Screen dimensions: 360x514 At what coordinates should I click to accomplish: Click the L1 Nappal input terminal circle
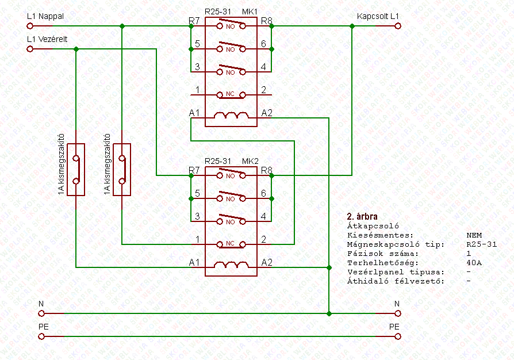[x=29, y=26]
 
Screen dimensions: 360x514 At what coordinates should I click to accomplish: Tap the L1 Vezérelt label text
[x=48, y=39]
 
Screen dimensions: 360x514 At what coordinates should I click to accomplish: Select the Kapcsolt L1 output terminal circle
[x=397, y=26]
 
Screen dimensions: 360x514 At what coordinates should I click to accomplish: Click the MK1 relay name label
[x=250, y=12]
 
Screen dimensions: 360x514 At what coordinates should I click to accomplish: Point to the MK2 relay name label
[x=250, y=161]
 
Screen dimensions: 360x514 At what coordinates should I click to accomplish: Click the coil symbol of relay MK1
[x=231, y=117]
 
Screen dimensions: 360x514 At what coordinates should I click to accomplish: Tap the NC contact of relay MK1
[x=231, y=94]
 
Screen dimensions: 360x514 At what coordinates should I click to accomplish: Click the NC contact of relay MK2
[x=231, y=244]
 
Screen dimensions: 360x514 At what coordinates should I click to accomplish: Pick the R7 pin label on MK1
[x=194, y=21]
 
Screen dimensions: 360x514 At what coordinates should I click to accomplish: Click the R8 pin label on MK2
[x=266, y=170]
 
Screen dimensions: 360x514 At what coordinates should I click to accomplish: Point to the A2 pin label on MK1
[x=267, y=112]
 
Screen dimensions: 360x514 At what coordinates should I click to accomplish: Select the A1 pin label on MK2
[x=195, y=262]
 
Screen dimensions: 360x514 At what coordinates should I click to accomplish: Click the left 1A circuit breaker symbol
[x=76, y=170]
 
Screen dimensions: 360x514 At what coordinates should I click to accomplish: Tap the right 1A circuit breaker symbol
[x=122, y=170]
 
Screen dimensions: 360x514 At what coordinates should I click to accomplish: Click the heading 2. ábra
[x=362, y=217]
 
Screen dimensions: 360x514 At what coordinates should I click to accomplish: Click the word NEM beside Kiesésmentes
[x=474, y=235]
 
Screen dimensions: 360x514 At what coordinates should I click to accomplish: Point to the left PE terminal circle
[x=41, y=336]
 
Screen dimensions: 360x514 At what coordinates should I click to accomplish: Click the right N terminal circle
[x=397, y=313]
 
